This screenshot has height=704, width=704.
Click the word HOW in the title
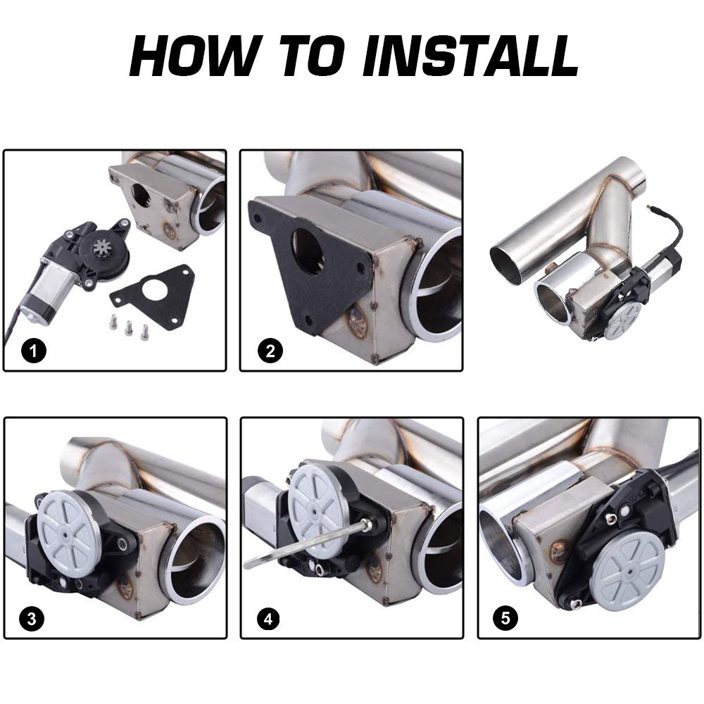point(193,56)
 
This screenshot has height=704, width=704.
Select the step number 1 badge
point(34,351)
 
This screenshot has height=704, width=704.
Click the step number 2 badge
point(270,351)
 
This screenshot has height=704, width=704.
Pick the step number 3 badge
point(32,619)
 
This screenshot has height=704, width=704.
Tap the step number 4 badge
point(268,619)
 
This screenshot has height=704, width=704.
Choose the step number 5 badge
point(505,618)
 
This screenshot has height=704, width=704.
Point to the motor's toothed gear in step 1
point(99,246)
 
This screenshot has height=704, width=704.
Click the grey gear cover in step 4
point(313,509)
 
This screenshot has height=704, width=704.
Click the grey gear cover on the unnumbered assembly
point(623,320)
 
